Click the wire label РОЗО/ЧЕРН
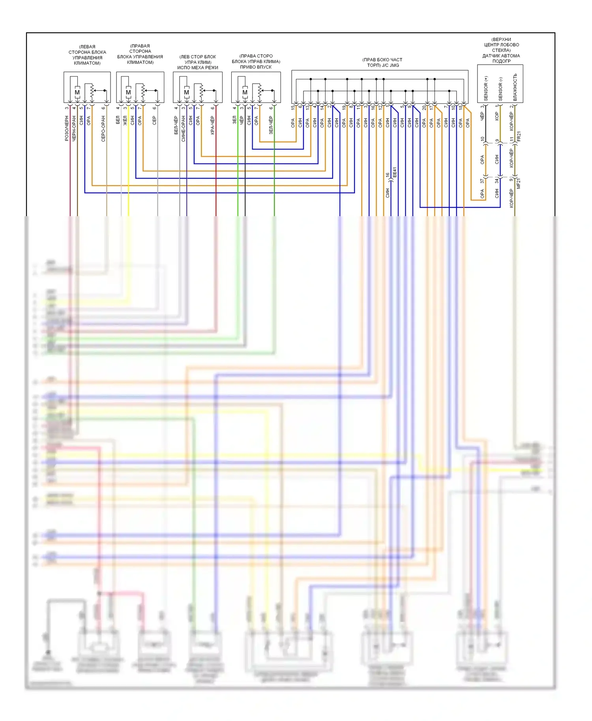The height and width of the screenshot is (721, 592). point(67,128)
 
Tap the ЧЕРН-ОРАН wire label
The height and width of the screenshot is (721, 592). point(74,128)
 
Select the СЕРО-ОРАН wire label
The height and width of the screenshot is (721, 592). point(103,129)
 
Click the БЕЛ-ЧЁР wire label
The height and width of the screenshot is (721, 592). point(176,125)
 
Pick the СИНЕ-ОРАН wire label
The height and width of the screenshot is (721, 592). point(183,129)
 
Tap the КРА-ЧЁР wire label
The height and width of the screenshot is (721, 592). point(212,125)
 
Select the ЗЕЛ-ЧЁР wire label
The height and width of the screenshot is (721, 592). point(271,125)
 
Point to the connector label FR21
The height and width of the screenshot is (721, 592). point(519,136)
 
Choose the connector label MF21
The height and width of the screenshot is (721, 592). point(519,183)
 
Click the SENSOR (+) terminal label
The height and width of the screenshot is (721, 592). point(486,88)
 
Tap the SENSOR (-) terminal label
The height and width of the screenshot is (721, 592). point(500,89)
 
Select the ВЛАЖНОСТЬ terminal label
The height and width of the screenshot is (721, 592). point(515,87)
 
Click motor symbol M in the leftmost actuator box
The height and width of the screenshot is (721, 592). point(77,93)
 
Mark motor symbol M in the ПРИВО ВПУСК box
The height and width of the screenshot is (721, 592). point(245,93)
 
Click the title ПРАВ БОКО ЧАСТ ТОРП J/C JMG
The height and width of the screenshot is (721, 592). point(382,62)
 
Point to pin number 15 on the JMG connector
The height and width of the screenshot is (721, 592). point(293,107)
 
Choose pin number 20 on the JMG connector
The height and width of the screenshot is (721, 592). point(424,107)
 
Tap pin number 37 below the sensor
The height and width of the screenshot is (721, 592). point(482,181)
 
